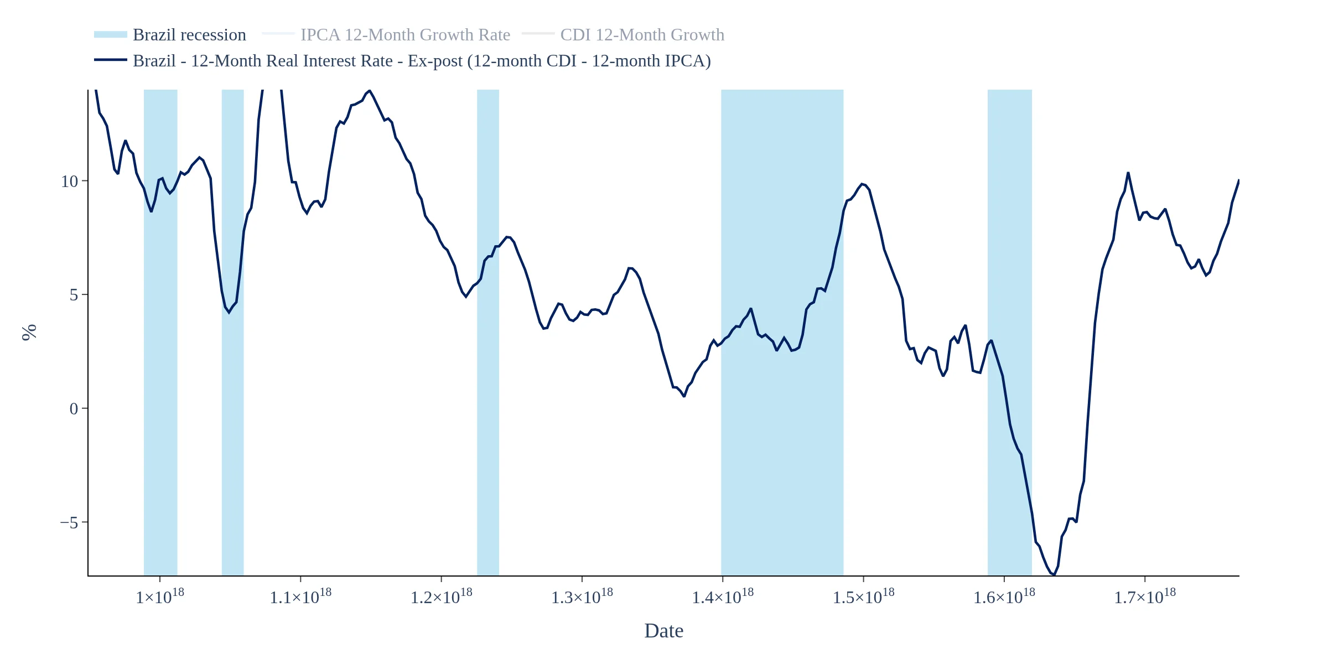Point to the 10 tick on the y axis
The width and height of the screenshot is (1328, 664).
coord(70,181)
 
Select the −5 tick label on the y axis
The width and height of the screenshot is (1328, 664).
coord(70,523)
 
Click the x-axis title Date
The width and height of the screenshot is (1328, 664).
coord(663,631)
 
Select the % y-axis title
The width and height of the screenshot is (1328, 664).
coord(29,332)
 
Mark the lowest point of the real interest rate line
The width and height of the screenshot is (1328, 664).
coord(1054,575)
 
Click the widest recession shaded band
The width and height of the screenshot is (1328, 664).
coord(782,332)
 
